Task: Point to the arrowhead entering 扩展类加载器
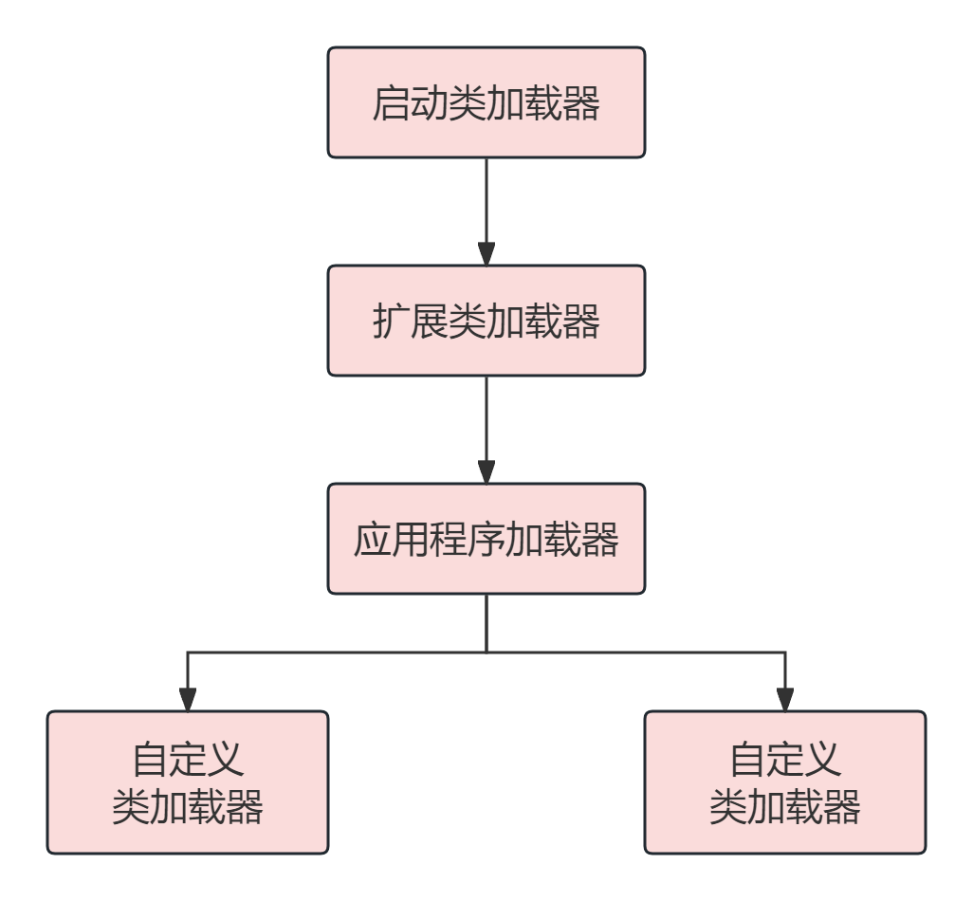(486, 254)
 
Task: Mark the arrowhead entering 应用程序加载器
(486, 472)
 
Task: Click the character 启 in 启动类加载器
(391, 103)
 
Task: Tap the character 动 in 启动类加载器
(429, 103)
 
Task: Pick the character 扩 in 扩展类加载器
(391, 322)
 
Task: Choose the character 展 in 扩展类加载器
(429, 322)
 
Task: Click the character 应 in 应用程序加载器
(372, 540)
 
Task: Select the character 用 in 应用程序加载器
(410, 540)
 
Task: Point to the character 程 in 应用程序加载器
(448, 540)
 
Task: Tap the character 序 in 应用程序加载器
(486, 540)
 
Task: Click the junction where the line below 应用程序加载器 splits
(486, 653)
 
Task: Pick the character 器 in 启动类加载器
(581, 103)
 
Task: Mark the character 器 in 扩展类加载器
(581, 322)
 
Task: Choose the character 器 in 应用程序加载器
(600, 540)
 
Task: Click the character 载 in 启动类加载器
(543, 103)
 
